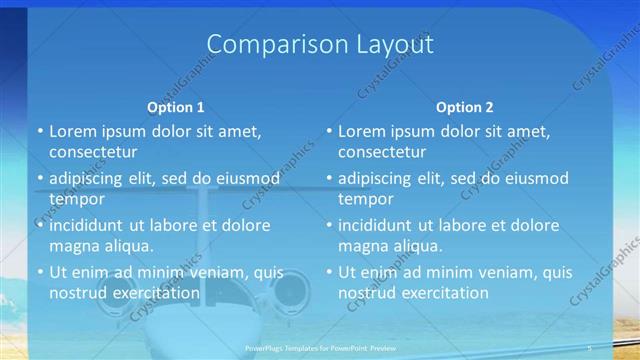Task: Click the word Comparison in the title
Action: (x=265, y=46)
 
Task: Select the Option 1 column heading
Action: (x=176, y=107)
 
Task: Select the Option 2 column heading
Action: (x=464, y=107)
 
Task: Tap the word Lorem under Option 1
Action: (x=73, y=130)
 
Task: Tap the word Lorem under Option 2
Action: (x=362, y=130)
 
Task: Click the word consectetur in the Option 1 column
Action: (x=92, y=152)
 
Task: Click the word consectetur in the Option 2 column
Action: (x=381, y=152)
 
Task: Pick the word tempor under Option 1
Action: (x=74, y=200)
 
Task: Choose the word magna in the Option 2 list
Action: (x=362, y=246)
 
